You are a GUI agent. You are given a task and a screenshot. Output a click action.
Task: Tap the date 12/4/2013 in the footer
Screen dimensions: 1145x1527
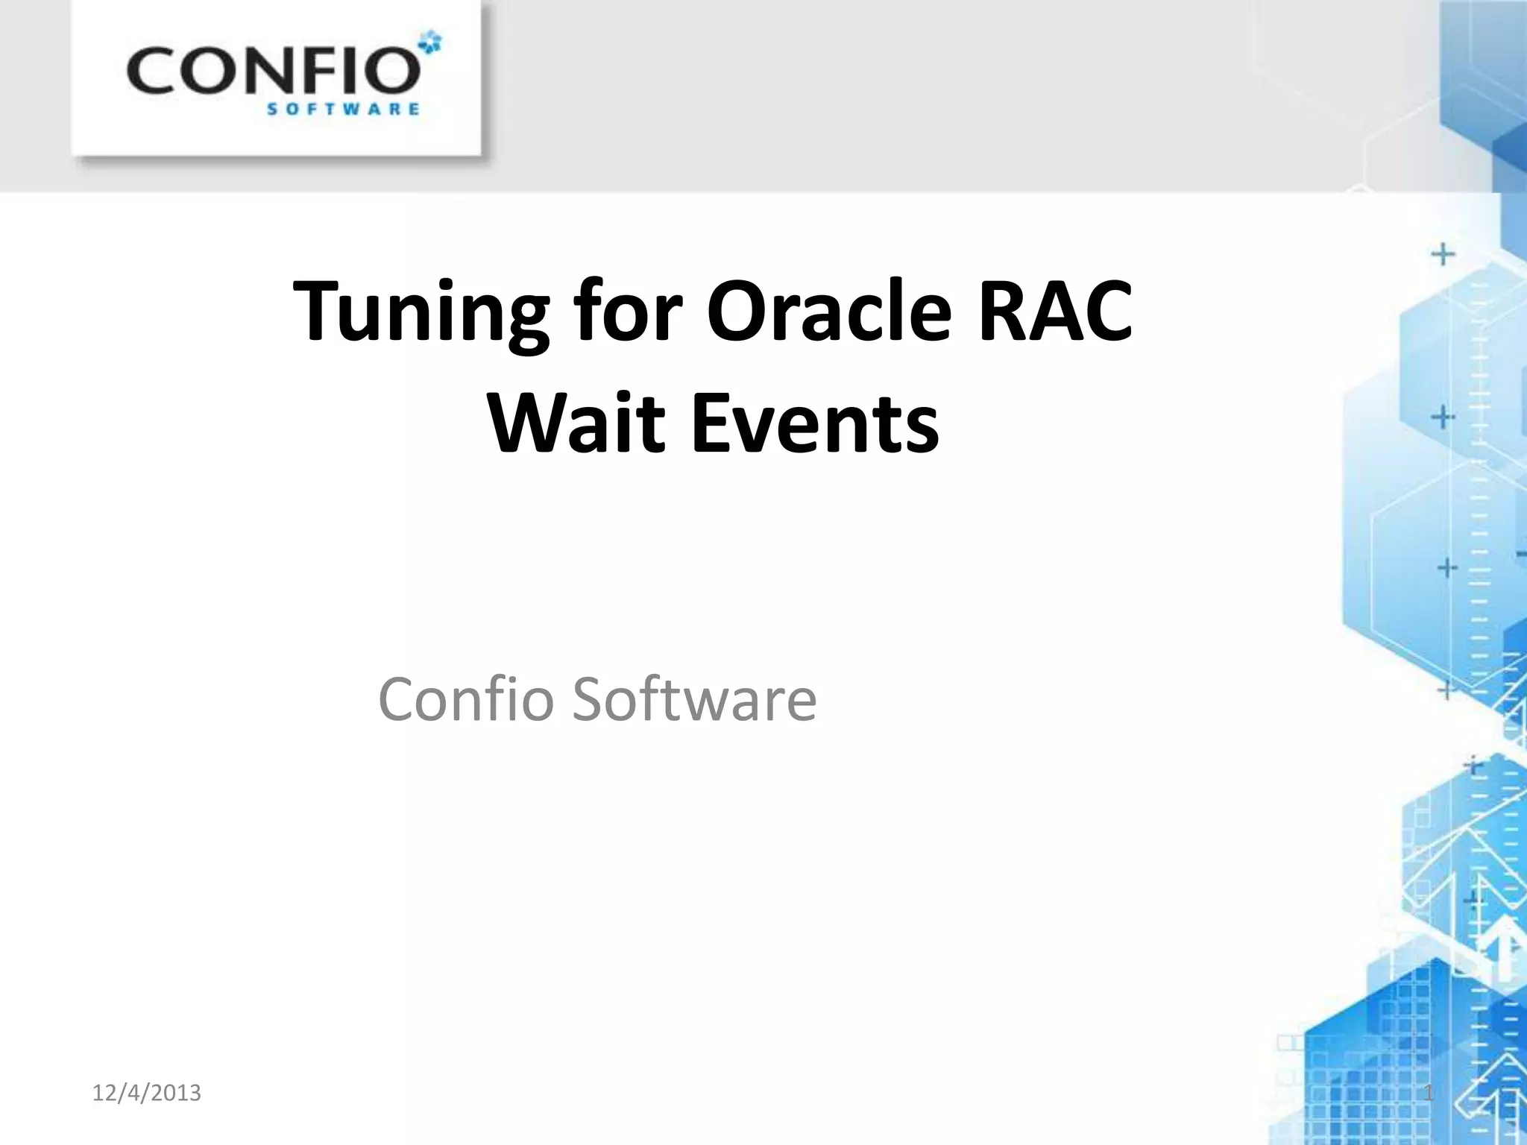[146, 1094]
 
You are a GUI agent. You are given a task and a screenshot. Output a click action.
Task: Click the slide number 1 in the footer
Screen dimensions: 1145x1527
[1429, 1094]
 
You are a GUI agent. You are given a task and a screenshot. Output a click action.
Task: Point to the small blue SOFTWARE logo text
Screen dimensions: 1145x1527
[343, 110]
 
